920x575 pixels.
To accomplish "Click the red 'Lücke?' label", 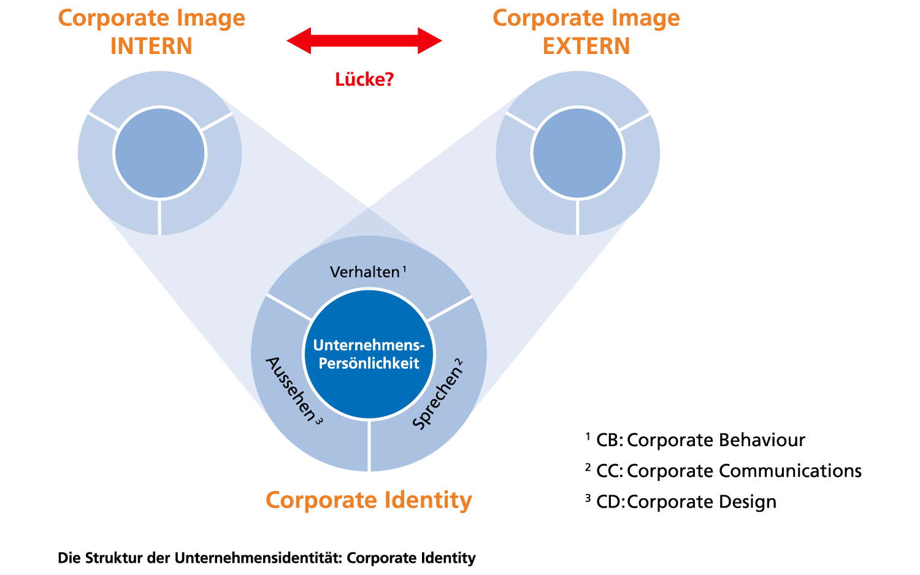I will click(x=364, y=80).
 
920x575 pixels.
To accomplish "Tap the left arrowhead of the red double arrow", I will click(x=299, y=41).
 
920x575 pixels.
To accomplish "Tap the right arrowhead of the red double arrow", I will click(x=430, y=41).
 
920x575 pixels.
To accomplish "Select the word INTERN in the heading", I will click(x=151, y=46).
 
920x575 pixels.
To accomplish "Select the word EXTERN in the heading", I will click(x=586, y=46).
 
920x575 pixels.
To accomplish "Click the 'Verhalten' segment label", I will click(x=364, y=272).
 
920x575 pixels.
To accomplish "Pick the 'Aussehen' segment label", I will click(x=290, y=388).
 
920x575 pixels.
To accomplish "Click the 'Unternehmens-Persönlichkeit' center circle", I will click(x=369, y=355).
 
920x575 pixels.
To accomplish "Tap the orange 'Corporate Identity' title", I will click(x=369, y=500).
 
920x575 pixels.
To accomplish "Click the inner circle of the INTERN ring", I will click(x=159, y=153).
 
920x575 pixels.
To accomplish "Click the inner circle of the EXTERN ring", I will click(x=578, y=153).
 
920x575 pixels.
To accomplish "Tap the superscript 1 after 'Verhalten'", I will click(x=405, y=268).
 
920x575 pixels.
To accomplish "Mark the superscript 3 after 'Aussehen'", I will click(x=318, y=421).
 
